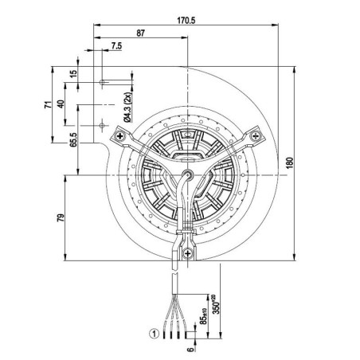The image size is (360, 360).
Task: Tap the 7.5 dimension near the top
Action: click(117, 46)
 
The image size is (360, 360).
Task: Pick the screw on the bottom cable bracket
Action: click(187, 254)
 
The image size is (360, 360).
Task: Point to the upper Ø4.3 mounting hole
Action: click(103, 82)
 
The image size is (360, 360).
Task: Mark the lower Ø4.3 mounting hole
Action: click(103, 123)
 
